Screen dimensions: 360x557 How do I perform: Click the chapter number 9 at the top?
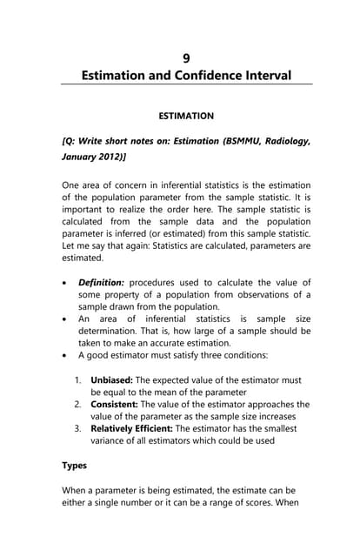coord(186,58)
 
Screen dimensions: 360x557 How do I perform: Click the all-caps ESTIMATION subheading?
coord(186,115)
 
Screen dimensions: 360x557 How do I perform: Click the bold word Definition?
coord(102,283)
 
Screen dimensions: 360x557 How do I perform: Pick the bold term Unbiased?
coord(115,380)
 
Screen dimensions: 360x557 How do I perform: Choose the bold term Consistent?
coord(117,405)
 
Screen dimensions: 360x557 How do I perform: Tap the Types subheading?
coord(75,466)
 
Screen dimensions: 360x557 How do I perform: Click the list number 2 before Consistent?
coord(78,405)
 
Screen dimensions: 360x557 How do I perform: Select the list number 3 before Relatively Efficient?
coord(78,429)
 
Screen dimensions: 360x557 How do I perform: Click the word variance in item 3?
coord(112,441)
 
